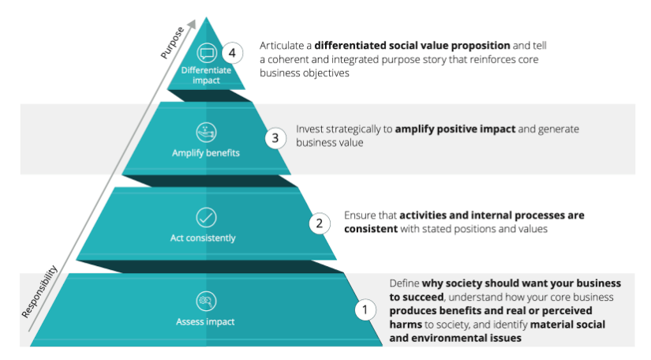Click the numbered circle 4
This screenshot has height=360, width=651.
(x=231, y=54)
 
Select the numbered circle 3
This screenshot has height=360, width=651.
(x=274, y=138)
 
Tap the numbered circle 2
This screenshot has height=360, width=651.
(x=319, y=223)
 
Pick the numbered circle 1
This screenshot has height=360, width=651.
(x=365, y=309)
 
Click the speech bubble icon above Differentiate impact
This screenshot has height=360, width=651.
(x=207, y=54)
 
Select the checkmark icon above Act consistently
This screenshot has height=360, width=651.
(x=206, y=217)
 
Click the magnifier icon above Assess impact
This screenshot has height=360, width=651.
(x=206, y=302)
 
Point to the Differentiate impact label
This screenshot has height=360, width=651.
(x=207, y=74)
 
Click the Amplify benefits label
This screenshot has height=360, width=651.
(x=206, y=152)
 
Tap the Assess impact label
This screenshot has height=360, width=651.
(x=206, y=322)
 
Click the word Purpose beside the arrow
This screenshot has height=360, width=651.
(x=171, y=44)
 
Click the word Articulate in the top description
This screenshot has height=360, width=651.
(x=279, y=46)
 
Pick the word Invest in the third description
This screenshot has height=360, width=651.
(x=310, y=128)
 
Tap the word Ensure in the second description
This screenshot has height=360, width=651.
(x=361, y=215)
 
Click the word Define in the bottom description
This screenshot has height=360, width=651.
(x=405, y=283)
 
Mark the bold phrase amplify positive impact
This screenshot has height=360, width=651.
(x=448, y=128)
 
